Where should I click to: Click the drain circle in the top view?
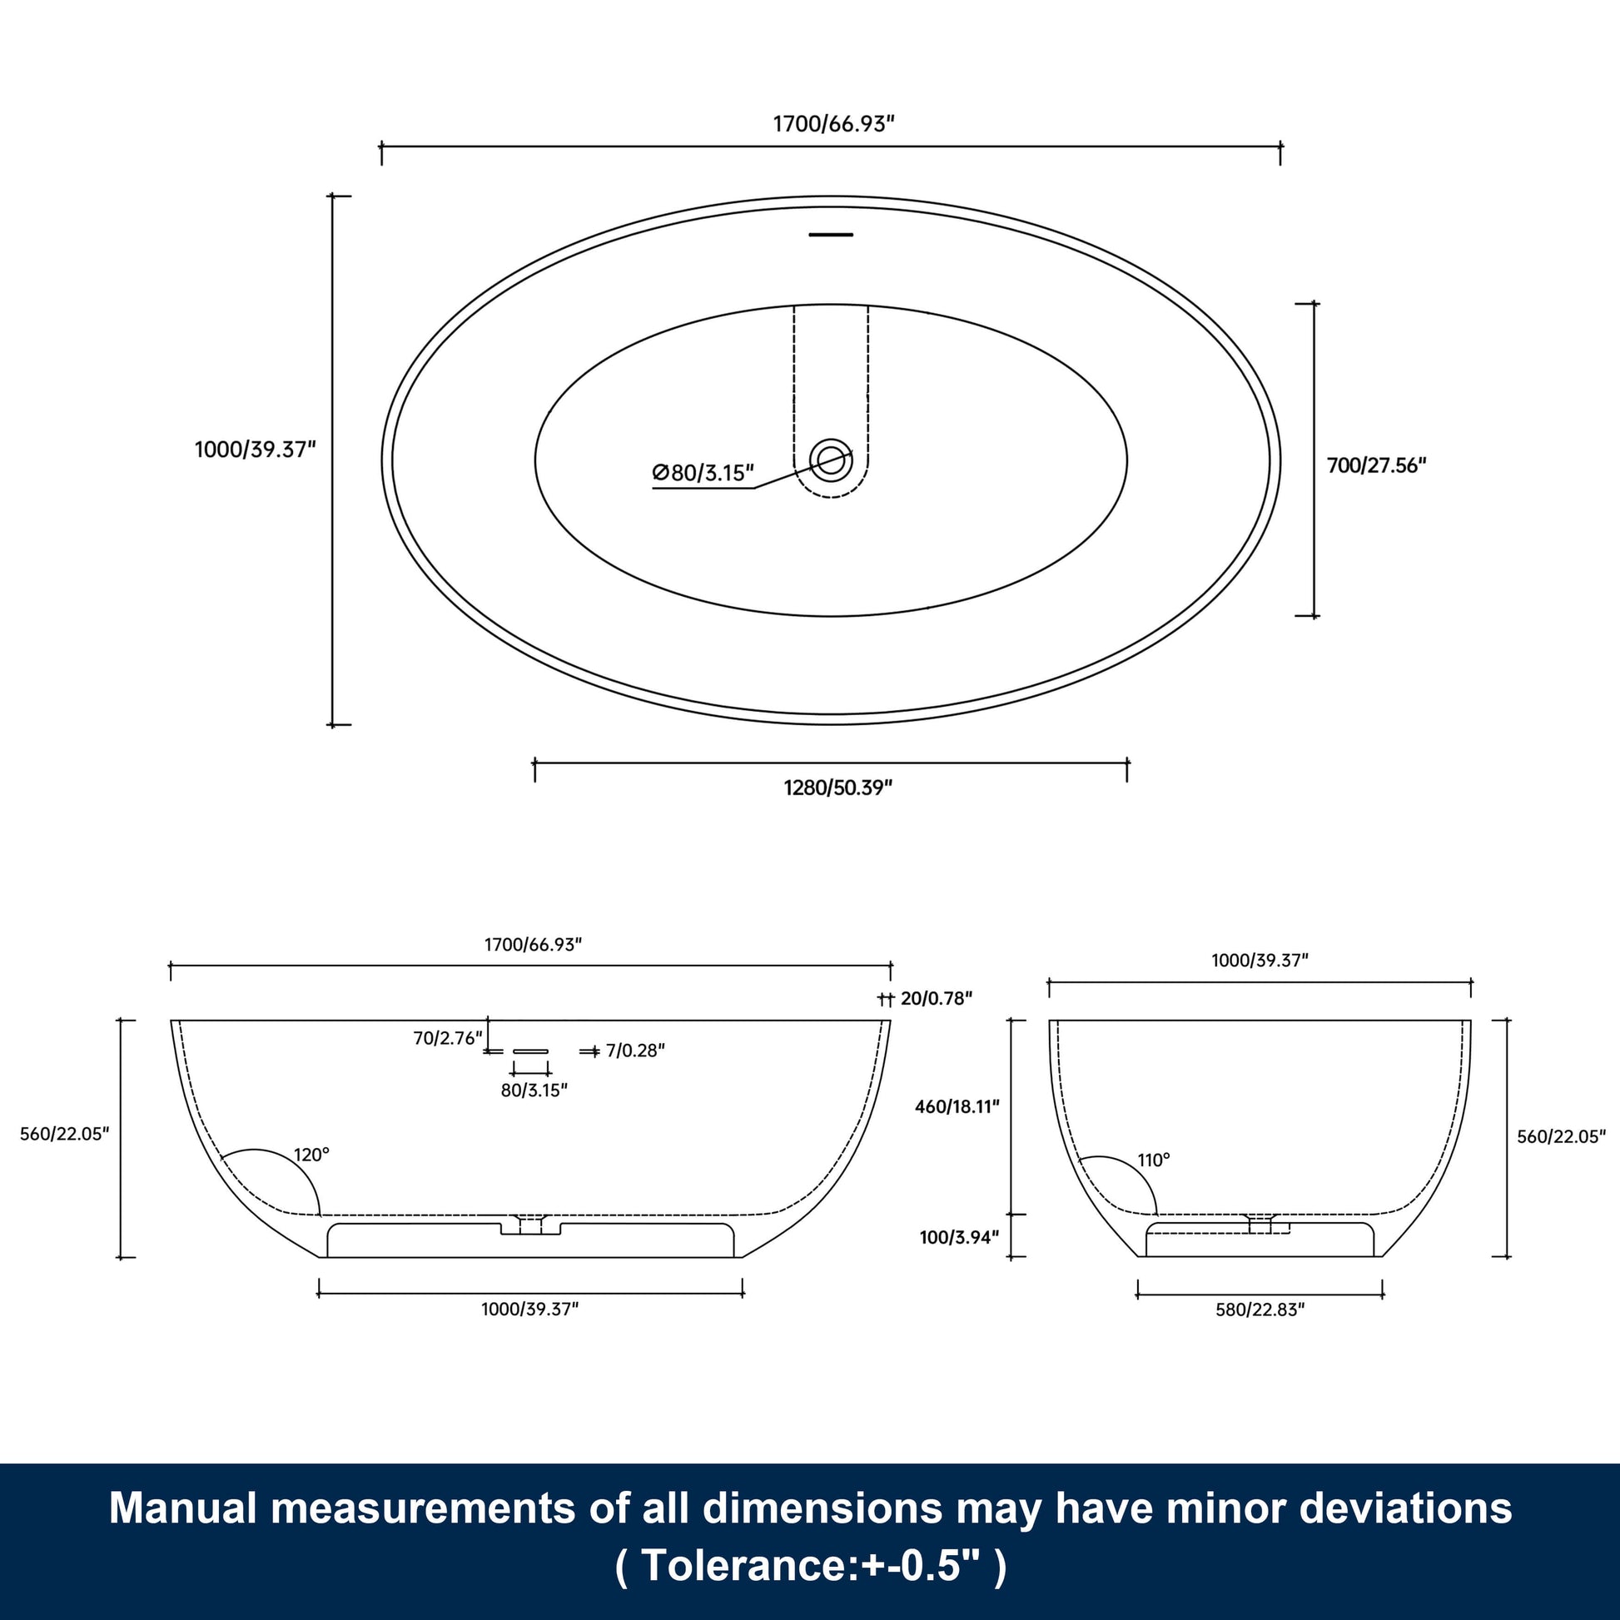pos(830,459)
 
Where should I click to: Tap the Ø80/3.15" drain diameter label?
pos(703,473)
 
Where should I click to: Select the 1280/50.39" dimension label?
pos(837,788)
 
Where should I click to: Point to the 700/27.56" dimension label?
pos(1376,465)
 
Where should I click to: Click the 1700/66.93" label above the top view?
pos(833,124)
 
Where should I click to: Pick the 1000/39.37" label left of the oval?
pos(255,450)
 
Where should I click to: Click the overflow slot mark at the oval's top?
pos(830,235)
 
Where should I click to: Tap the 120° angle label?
pos(311,1155)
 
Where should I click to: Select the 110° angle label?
pos(1154,1160)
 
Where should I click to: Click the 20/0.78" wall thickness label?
pos(936,998)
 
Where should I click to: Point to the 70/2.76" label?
pos(448,1038)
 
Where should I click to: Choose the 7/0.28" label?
pos(634,1050)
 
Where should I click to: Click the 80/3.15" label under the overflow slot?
pos(534,1090)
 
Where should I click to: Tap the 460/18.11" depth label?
pos(957,1107)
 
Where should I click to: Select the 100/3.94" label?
pos(959,1237)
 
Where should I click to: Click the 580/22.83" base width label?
pos(1260,1309)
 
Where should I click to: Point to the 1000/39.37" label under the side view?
pos(530,1309)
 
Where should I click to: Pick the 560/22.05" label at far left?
pos(65,1134)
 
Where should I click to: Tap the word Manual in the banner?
pos(183,1508)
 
